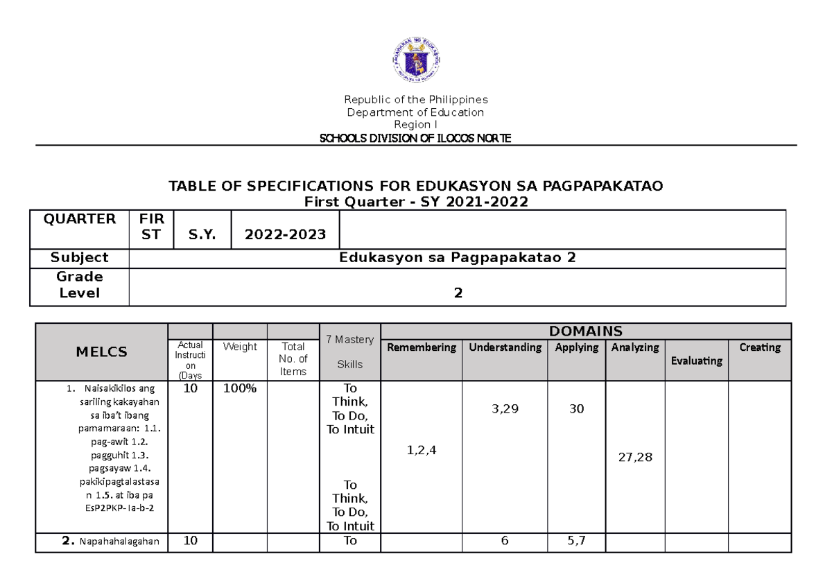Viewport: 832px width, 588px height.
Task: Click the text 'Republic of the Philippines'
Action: [x=416, y=99]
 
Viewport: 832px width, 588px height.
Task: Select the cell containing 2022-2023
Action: [x=286, y=234]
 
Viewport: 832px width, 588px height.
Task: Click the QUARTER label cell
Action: [x=79, y=219]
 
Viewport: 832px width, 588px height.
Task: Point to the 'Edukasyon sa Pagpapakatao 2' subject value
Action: [x=457, y=258]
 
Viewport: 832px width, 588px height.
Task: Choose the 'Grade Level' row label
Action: [x=79, y=286]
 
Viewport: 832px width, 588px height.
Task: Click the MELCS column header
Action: [x=101, y=352]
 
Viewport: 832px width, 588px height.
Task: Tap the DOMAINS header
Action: [x=586, y=331]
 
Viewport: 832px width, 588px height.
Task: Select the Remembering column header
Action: [x=422, y=347]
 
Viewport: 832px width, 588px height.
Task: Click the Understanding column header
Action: [x=505, y=347]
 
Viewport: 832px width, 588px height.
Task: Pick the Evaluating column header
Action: [x=696, y=361]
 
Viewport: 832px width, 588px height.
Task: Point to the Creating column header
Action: [x=759, y=347]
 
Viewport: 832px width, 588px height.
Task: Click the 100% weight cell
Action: [x=239, y=388]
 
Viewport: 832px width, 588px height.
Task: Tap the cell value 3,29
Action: [x=505, y=409]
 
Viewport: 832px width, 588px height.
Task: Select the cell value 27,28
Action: [x=634, y=458]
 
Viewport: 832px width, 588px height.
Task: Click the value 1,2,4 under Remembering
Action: [x=422, y=451]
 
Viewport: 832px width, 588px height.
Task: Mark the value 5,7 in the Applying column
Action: [x=576, y=542]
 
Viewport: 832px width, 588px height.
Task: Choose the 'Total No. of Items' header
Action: [x=293, y=359]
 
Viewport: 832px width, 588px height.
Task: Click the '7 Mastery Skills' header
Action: [x=349, y=352]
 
